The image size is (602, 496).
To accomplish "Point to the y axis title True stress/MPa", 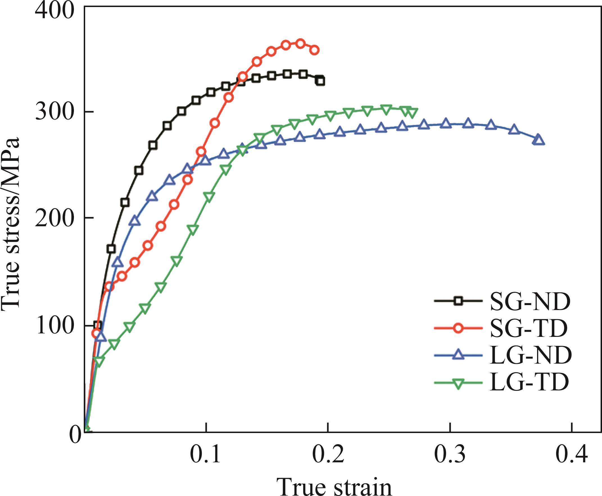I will pyautogui.click(x=11, y=223).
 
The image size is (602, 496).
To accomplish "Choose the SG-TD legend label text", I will pyautogui.click(x=528, y=329).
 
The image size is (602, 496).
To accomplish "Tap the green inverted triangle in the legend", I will pyautogui.click(x=459, y=383).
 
